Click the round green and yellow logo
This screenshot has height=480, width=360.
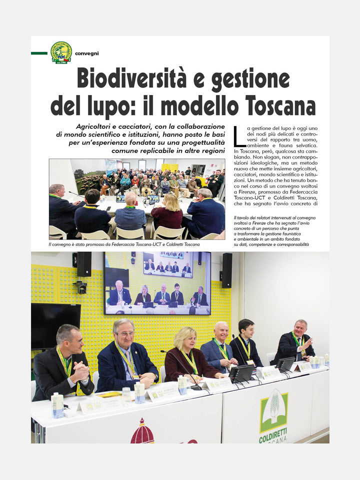(x=61, y=52)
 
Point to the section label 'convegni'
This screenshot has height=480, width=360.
(x=86, y=53)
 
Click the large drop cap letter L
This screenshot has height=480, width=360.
(x=238, y=135)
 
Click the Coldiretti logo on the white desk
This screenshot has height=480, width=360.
(x=273, y=414)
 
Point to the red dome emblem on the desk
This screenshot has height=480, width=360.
(x=142, y=433)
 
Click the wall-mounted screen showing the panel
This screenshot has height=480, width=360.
(x=157, y=283)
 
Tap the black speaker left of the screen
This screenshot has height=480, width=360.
(x=83, y=264)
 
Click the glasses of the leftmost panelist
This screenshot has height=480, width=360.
(x=74, y=341)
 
